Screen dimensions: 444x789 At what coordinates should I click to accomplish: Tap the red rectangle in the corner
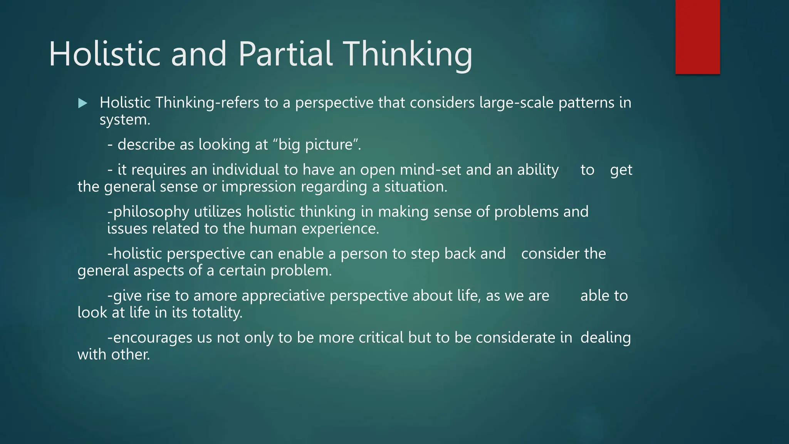697,37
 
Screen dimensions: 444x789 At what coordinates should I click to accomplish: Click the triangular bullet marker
82,103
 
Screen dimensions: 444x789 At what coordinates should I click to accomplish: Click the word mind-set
430,170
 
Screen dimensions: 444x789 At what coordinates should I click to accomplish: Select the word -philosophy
148,212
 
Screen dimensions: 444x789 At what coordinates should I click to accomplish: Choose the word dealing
605,338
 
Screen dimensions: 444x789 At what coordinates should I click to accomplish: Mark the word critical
381,338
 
